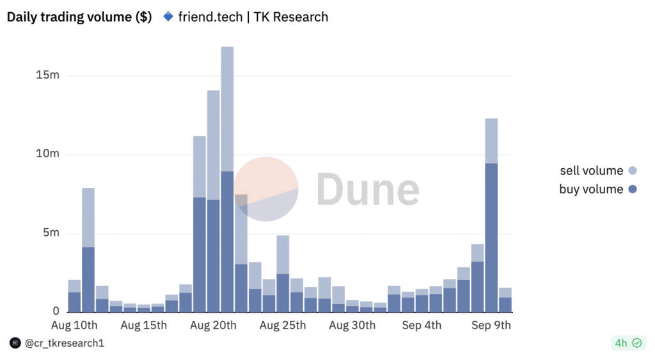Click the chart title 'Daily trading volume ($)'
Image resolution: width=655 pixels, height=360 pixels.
[79, 17]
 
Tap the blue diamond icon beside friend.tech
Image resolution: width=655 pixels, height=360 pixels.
[168, 17]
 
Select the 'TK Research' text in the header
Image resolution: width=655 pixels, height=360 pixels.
[291, 17]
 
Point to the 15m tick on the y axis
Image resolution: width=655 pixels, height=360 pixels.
[48, 75]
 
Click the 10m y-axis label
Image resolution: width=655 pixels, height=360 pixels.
[48, 154]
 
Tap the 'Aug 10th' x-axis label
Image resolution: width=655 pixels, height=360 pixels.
[74, 325]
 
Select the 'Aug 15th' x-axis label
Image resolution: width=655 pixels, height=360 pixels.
[144, 325]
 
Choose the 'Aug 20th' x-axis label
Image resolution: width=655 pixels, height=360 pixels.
[213, 325]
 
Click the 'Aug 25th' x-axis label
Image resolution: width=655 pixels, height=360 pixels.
[283, 325]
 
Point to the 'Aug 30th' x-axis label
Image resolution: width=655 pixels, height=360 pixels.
[352, 325]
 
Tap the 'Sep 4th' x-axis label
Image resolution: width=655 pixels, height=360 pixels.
[422, 325]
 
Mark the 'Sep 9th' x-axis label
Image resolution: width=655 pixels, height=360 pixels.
[491, 325]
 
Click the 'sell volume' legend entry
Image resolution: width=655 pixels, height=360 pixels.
[591, 171]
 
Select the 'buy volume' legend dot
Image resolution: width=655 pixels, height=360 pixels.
[633, 189]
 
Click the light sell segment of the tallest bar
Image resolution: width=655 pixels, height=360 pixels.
[227, 109]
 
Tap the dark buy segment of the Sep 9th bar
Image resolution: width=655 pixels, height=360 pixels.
[491, 237]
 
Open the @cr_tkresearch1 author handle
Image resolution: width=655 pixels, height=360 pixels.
[64, 343]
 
